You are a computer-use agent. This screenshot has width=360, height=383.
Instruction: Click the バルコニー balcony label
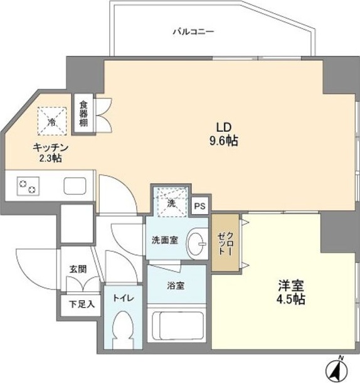(194, 32)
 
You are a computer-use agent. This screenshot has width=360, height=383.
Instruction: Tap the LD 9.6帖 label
(224, 134)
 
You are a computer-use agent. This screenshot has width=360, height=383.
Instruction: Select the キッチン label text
(51, 148)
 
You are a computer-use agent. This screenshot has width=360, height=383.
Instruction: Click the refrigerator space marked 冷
(52, 121)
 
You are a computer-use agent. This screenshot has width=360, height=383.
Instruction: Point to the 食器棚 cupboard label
(83, 114)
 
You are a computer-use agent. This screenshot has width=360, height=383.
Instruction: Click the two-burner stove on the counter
(28, 186)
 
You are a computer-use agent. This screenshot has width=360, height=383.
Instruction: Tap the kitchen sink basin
(75, 186)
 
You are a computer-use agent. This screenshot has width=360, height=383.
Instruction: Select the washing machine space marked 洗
(172, 202)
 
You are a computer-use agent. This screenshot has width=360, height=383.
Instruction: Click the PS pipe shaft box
(200, 206)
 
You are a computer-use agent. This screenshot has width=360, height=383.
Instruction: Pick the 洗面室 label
(165, 240)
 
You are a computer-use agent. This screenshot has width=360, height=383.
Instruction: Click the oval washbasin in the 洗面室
(197, 244)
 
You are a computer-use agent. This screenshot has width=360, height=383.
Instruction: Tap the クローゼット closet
(225, 243)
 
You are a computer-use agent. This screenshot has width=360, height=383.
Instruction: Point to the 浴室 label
(176, 285)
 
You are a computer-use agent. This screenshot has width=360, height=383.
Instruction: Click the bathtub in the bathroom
(177, 323)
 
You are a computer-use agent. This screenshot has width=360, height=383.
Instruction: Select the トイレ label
(124, 298)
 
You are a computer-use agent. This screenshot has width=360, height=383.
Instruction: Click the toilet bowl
(123, 330)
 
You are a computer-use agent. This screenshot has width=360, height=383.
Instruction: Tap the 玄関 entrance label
(78, 269)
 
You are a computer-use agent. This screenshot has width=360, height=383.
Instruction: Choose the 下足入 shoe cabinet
(81, 305)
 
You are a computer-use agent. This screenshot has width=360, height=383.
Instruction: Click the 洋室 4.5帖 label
(291, 293)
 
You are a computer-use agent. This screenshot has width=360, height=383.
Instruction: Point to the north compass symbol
(340, 369)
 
